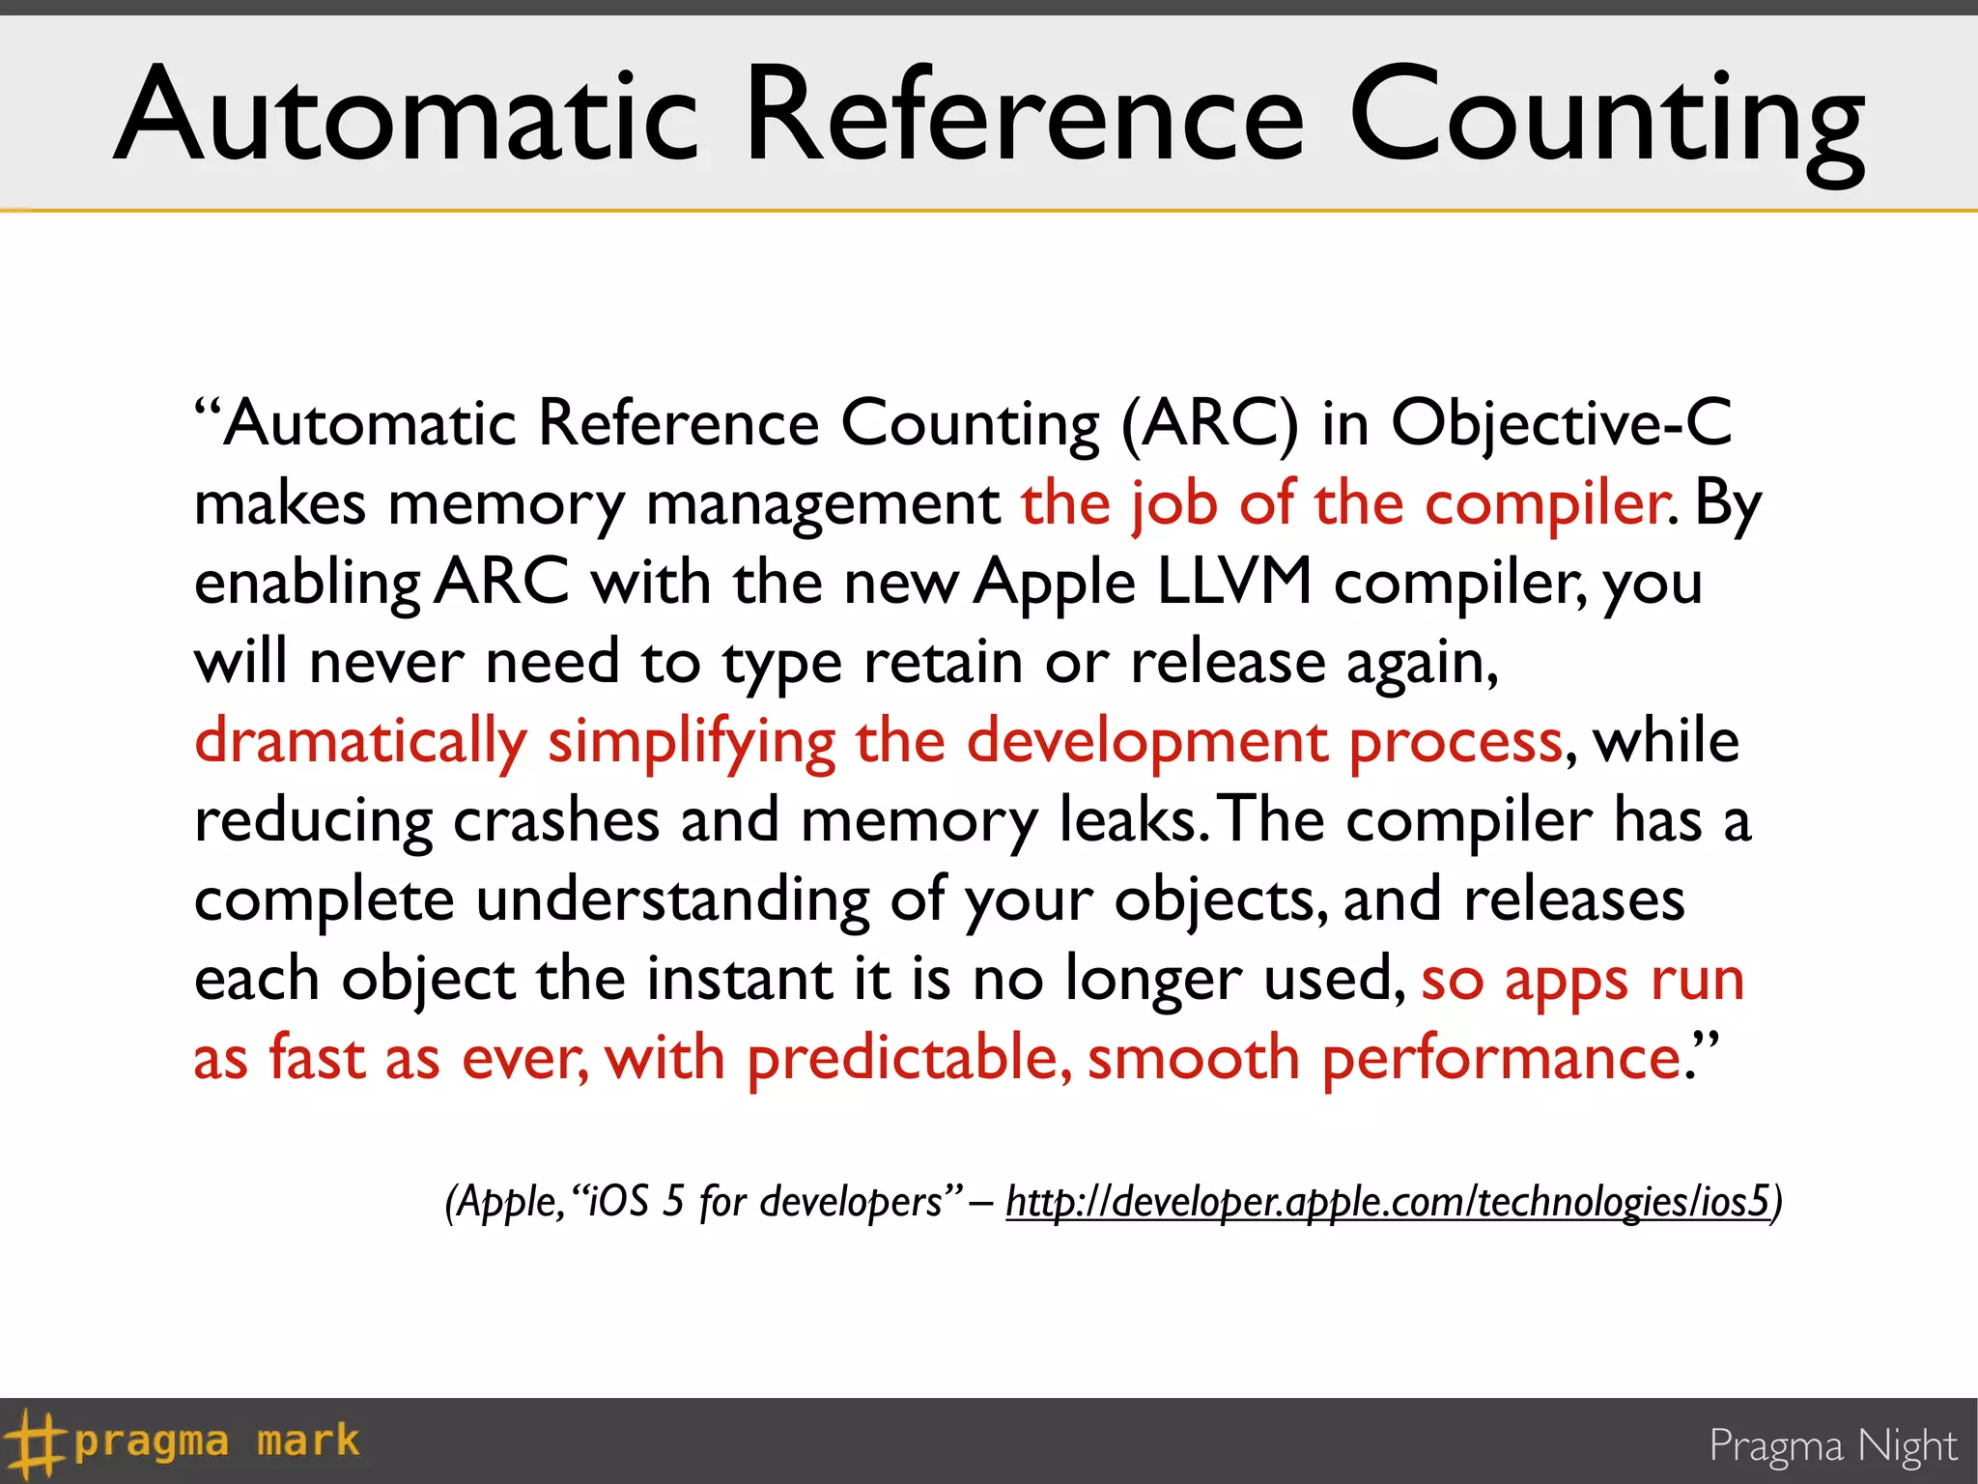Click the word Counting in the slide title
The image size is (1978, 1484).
point(1605,118)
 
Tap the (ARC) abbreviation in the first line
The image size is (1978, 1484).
point(1209,423)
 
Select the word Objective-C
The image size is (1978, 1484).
point(1561,423)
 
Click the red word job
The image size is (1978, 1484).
point(1173,504)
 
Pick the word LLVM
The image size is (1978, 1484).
point(1233,583)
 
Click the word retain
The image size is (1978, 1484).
point(943,663)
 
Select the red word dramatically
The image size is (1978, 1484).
point(360,742)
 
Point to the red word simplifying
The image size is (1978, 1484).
point(691,742)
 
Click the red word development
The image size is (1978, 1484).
point(1147,742)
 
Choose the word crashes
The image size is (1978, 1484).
point(555,821)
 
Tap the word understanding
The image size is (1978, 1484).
point(672,900)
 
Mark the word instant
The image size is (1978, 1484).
point(739,979)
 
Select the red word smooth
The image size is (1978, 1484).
point(1193,1058)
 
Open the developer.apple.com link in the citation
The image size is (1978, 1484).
point(1387,1202)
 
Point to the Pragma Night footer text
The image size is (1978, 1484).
point(1832,1446)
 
